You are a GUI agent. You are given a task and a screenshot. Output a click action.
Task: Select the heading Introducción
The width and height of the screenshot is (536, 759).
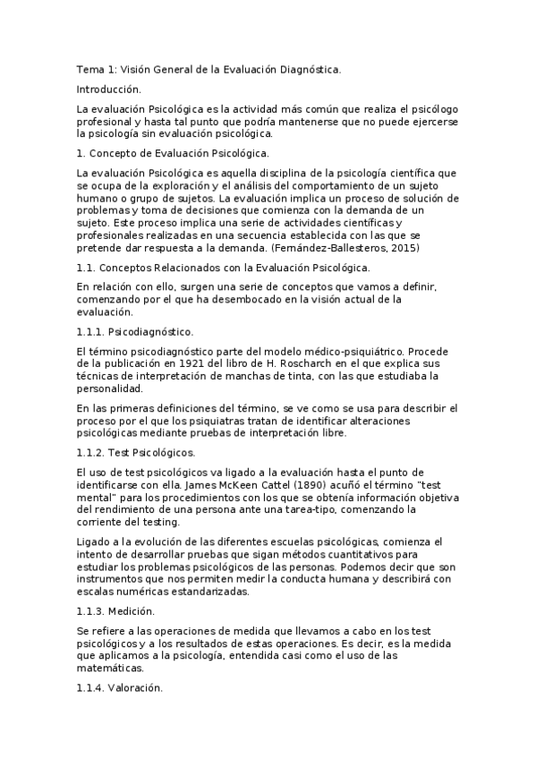tap(109, 90)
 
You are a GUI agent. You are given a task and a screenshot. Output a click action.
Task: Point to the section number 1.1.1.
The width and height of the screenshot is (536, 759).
tap(90, 332)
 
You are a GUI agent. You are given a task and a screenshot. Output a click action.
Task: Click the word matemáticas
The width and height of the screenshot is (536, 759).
tap(111, 667)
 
